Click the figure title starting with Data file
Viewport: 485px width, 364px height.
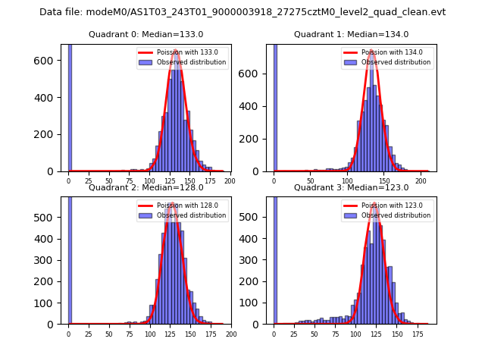(242, 12)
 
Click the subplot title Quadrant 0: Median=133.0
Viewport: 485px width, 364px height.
(146, 34)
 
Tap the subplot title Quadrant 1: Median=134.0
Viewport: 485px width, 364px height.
(352, 34)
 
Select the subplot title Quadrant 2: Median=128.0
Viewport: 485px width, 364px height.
(146, 187)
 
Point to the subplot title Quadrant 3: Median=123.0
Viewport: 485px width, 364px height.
(352, 187)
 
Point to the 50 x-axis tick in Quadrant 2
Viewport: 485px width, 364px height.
(109, 334)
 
